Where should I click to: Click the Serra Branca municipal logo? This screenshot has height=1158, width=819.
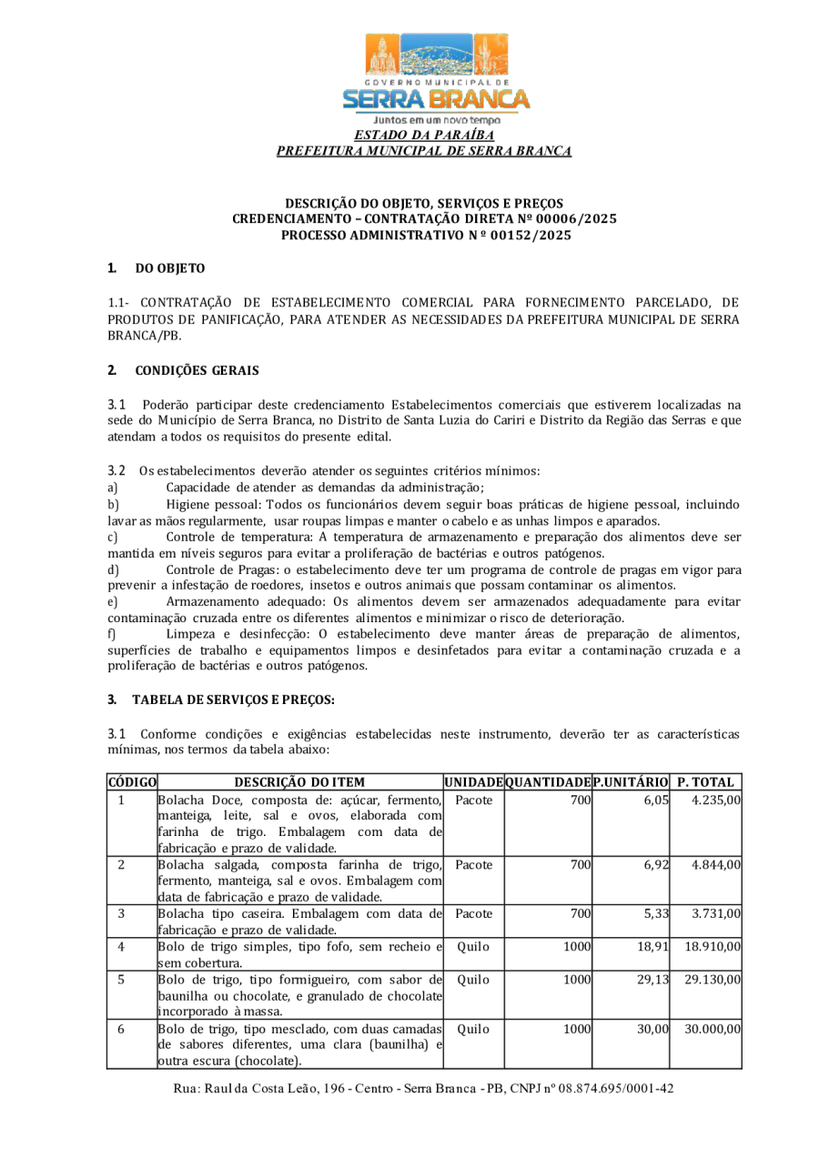point(436,77)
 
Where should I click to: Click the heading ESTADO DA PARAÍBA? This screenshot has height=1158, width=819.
point(424,136)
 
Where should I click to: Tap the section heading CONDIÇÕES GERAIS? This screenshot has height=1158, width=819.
point(197,370)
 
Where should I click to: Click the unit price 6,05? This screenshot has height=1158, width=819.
point(655,800)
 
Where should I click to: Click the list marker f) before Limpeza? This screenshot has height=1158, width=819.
point(111,633)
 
